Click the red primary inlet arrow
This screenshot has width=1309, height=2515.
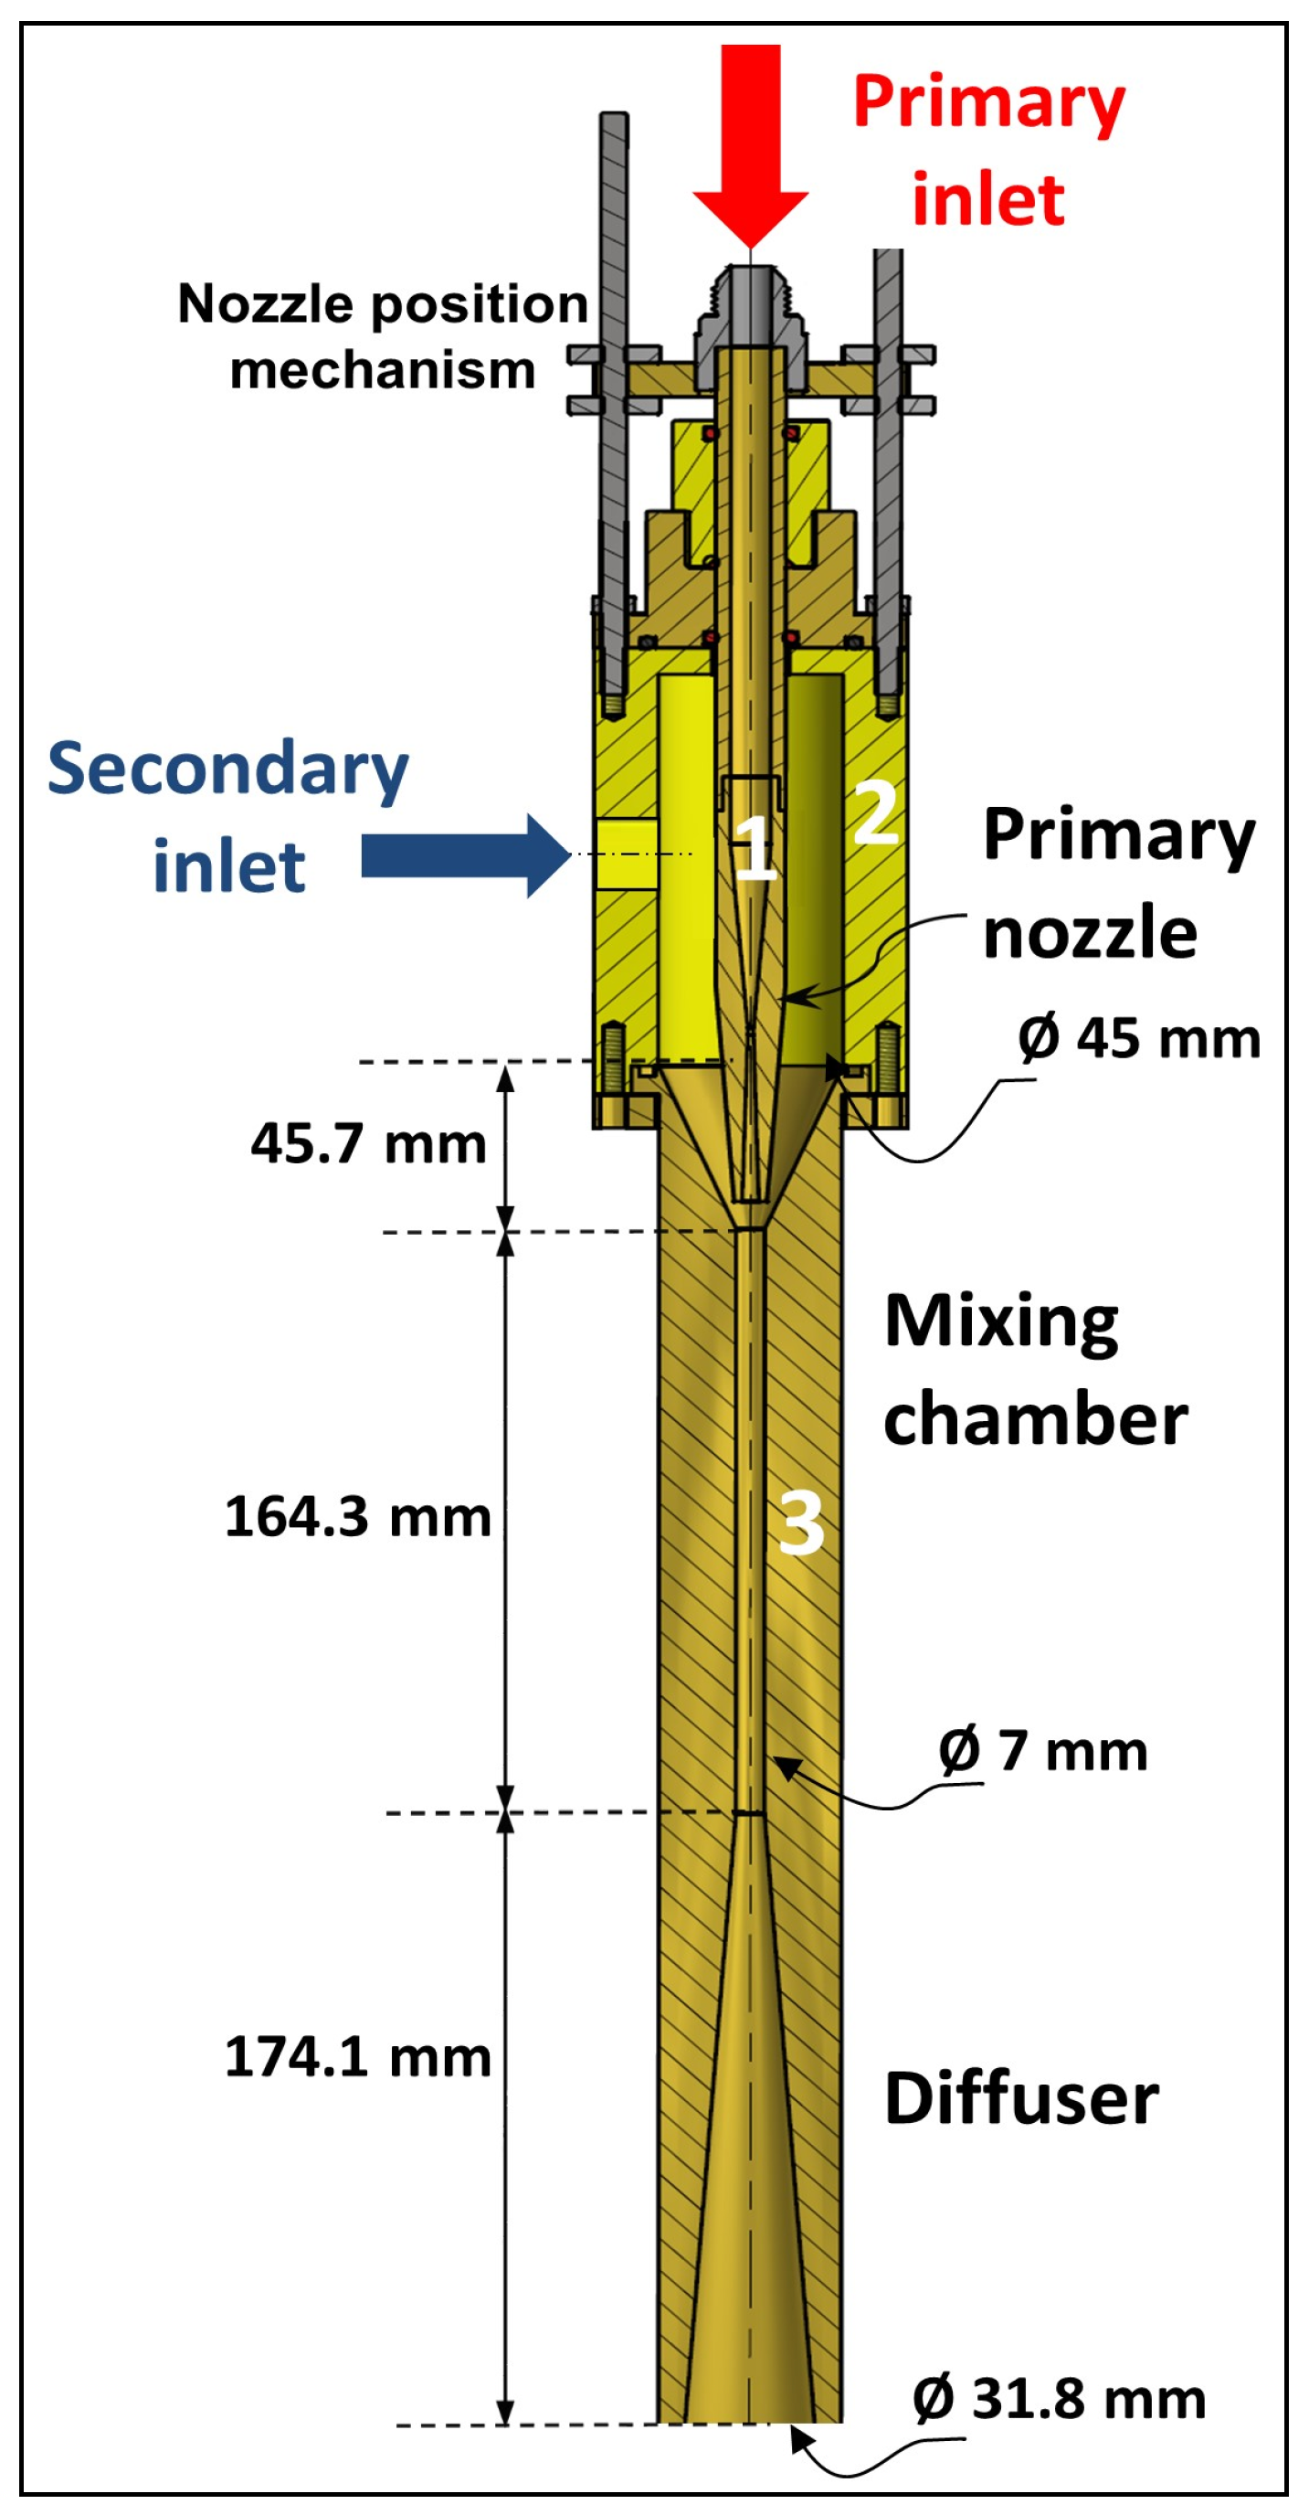[x=750, y=146]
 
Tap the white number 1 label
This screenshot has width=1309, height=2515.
[x=755, y=846]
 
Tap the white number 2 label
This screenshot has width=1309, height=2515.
[x=876, y=812]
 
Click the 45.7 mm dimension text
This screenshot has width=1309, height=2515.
[x=368, y=1143]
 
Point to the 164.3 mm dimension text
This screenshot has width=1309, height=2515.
[x=357, y=1517]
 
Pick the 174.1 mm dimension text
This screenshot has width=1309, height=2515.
[x=357, y=2058]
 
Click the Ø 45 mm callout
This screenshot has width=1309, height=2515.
[x=1138, y=1038]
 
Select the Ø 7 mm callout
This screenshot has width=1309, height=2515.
[x=1042, y=1751]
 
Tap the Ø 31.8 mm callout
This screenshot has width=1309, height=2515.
[x=1059, y=2399]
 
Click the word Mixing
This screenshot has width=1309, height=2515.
[x=1000, y=1323]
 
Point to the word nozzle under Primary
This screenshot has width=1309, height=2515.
[x=1090, y=933]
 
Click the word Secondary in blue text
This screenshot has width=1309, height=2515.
[x=227, y=769]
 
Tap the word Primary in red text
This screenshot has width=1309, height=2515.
[x=987, y=103]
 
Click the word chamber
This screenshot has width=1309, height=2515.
[x=1035, y=1420]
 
